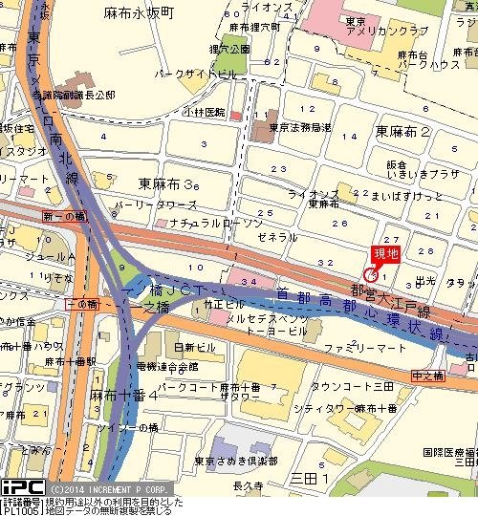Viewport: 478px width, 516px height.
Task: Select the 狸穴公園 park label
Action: click(x=230, y=48)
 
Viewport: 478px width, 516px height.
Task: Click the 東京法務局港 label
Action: click(x=299, y=129)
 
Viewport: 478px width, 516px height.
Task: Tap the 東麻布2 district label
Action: click(x=402, y=131)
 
